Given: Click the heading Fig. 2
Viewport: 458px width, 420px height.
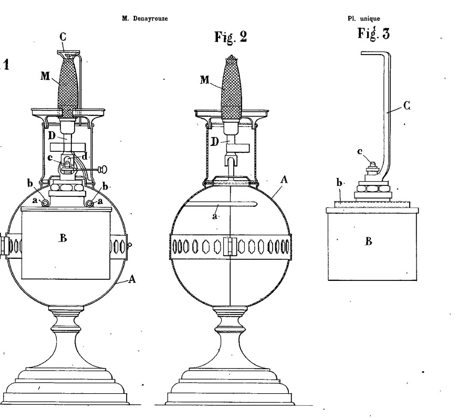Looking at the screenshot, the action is pyautogui.click(x=231, y=37).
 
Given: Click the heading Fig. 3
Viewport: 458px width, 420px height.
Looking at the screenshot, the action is pyautogui.click(x=373, y=33).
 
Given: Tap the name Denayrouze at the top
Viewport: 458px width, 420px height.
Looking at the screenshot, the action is pyautogui.click(x=150, y=18).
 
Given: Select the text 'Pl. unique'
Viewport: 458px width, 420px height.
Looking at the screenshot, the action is pyautogui.click(x=363, y=19).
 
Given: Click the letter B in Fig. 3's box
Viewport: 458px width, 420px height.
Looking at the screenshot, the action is pyautogui.click(x=369, y=241).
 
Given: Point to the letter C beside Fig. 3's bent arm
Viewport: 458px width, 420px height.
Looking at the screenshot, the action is pyautogui.click(x=407, y=106).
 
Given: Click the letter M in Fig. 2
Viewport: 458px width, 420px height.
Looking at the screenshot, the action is pyautogui.click(x=205, y=79).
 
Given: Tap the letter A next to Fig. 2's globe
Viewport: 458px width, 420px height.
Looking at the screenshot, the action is pyautogui.click(x=284, y=180).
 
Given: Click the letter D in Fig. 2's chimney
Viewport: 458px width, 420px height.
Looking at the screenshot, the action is pyautogui.click(x=215, y=142).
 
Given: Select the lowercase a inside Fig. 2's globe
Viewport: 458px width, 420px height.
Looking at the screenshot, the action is pyautogui.click(x=215, y=216).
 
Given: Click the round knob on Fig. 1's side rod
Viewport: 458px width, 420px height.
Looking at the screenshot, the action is pyautogui.click(x=103, y=169).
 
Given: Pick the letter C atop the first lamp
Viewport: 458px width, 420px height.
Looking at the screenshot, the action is pyautogui.click(x=63, y=36).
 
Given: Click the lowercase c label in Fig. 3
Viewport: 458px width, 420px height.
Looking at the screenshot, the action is pyautogui.click(x=360, y=152).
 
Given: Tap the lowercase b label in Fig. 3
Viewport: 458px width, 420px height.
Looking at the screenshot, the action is pyautogui.click(x=339, y=183).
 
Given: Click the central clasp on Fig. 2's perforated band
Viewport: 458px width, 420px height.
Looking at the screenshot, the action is pyautogui.click(x=230, y=247).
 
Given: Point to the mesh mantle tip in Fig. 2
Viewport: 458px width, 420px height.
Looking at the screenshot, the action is pyautogui.click(x=231, y=56).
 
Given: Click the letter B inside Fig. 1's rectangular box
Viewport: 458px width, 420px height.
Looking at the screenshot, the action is pyautogui.click(x=63, y=238).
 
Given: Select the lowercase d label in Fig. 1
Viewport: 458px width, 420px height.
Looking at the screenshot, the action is pyautogui.click(x=85, y=157).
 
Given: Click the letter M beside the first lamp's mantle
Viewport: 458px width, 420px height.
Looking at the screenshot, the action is pyautogui.click(x=45, y=76).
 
